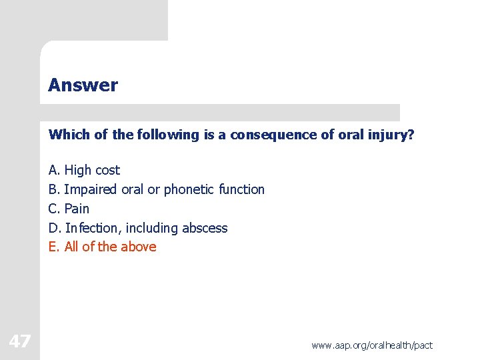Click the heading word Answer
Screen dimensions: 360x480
pyautogui.click(x=83, y=85)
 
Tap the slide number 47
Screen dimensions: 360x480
pyautogui.click(x=20, y=342)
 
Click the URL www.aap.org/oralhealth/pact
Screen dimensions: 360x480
pyautogui.click(x=371, y=345)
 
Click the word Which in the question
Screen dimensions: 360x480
pyautogui.click(x=69, y=135)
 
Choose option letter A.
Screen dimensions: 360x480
pyautogui.click(x=54, y=171)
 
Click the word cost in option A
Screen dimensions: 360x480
pyautogui.click(x=107, y=171)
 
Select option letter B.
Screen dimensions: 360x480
pyautogui.click(x=54, y=189)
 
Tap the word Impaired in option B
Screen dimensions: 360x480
pyautogui.click(x=91, y=189)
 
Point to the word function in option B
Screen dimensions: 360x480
pyautogui.click(x=241, y=189)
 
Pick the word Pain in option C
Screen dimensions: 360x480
pyautogui.click(x=77, y=209)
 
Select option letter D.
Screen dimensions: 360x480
pyautogui.click(x=55, y=228)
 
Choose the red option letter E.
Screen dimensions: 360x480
pyautogui.click(x=54, y=247)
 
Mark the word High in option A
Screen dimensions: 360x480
pyautogui.click(x=78, y=171)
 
